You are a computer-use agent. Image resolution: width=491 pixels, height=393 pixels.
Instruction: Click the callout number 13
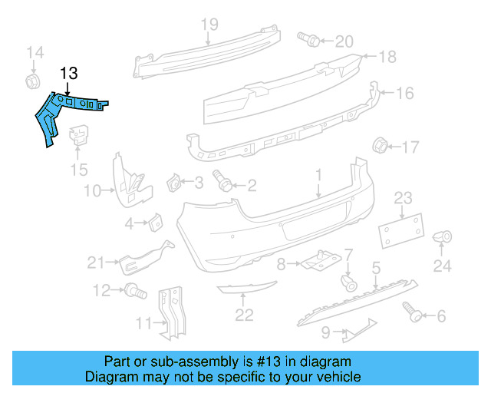coord(68,74)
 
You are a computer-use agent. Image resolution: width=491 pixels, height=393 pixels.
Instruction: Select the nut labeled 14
coord(34,81)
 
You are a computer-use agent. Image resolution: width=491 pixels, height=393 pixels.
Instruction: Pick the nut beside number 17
coord(379,145)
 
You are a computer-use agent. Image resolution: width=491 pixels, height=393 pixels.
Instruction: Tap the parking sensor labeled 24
coord(443,239)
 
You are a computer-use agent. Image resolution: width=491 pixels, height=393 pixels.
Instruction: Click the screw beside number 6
coord(411,311)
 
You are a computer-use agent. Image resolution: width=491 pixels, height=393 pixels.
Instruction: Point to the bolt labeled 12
coord(137,291)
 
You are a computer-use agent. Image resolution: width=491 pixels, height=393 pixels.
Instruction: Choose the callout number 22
coord(244,314)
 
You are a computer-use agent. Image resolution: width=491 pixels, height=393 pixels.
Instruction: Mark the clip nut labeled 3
coord(174,184)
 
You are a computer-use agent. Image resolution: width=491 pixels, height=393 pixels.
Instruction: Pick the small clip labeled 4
coord(154,223)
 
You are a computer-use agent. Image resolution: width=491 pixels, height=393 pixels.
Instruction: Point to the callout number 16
coord(405,94)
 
